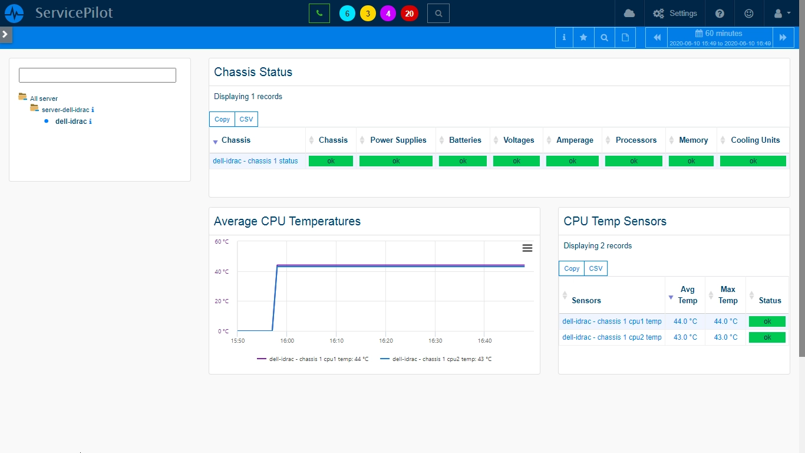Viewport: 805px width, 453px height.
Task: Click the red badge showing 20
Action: pyautogui.click(x=409, y=14)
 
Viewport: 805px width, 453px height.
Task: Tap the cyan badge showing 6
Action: pyautogui.click(x=347, y=14)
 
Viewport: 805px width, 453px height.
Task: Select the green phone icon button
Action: pyautogui.click(x=319, y=14)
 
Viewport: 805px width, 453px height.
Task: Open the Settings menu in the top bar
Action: pyautogui.click(x=675, y=14)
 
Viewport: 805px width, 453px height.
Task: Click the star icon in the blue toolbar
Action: pyautogui.click(x=583, y=37)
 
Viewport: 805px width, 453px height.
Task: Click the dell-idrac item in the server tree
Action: pyautogui.click(x=71, y=122)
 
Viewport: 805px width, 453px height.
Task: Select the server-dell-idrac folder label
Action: pyautogui.click(x=65, y=110)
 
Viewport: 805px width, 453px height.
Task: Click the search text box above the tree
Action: pyautogui.click(x=97, y=75)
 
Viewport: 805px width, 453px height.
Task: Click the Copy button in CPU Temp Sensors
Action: pyautogui.click(x=572, y=268)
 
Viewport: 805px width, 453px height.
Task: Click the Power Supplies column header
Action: pyautogui.click(x=398, y=140)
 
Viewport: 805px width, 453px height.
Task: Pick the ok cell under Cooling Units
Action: pyautogui.click(x=753, y=161)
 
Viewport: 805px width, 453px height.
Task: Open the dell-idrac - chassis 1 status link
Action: pyautogui.click(x=255, y=161)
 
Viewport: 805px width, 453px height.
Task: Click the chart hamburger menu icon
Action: pyautogui.click(x=527, y=248)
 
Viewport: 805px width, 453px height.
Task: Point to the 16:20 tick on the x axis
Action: pyautogui.click(x=385, y=341)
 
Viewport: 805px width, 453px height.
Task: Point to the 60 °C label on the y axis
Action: pyautogui.click(x=222, y=241)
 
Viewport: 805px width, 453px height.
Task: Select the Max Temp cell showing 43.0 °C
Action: pyautogui.click(x=725, y=337)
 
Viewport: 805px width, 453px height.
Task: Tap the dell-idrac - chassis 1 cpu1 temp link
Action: pyautogui.click(x=612, y=321)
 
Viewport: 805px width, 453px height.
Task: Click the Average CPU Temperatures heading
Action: pyautogui.click(x=287, y=221)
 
